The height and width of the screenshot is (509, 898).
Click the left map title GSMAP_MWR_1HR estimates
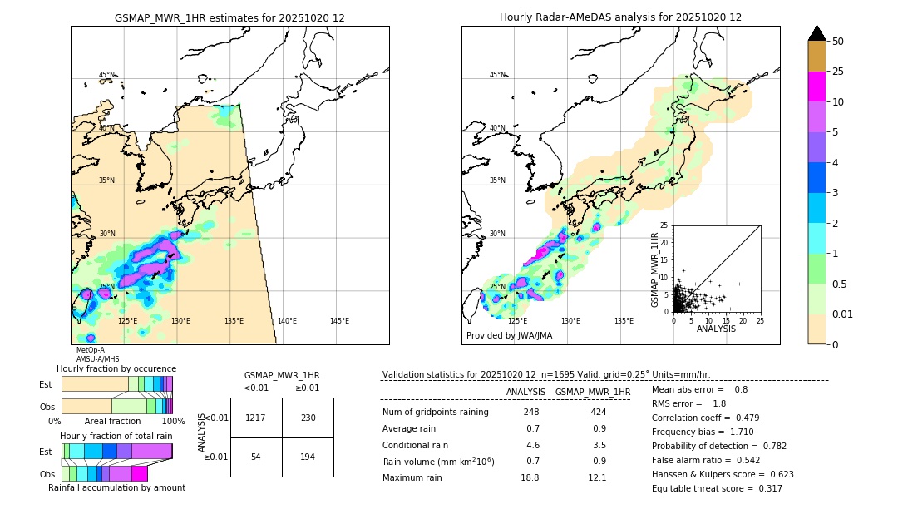(229, 17)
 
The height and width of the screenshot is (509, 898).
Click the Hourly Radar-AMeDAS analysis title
(620, 17)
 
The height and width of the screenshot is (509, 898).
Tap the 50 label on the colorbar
(838, 42)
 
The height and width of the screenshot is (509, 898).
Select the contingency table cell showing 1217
(256, 418)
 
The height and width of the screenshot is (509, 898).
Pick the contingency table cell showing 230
(308, 418)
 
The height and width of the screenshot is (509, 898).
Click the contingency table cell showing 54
(256, 457)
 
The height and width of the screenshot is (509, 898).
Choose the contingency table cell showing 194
(308, 457)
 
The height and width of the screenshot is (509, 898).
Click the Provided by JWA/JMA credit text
(509, 336)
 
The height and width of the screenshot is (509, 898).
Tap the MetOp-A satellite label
(90, 350)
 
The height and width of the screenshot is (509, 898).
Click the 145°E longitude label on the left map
(339, 321)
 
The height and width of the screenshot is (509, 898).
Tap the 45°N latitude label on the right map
(497, 75)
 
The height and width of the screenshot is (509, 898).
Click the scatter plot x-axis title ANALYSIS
(716, 329)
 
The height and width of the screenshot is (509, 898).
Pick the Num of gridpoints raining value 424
(598, 412)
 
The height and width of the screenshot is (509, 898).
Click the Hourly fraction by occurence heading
(116, 368)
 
